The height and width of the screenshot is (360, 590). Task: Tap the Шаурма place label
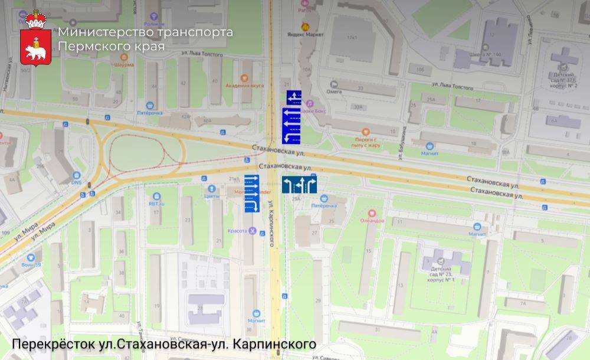[x=123, y=64]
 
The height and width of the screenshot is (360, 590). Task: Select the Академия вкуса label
[x=244, y=85]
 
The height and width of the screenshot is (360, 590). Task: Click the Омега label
[x=334, y=91]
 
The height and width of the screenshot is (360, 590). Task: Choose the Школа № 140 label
[x=483, y=55]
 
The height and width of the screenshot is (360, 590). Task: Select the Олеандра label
[x=372, y=220]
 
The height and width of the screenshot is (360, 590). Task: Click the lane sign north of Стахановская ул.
[x=293, y=117]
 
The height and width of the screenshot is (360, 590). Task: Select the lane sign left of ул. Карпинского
[x=251, y=194]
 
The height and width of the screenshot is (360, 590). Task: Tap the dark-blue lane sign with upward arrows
[x=299, y=185]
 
